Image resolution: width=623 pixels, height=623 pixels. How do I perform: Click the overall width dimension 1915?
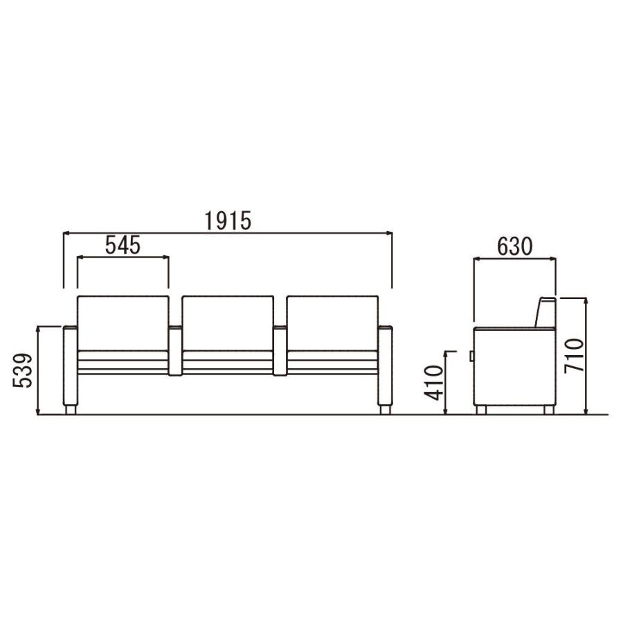coord(228,221)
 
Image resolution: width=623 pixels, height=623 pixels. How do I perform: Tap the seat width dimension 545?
coord(123,245)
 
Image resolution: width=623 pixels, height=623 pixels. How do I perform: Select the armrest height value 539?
coord(22,370)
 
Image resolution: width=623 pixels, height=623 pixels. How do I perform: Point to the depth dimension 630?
coord(514,246)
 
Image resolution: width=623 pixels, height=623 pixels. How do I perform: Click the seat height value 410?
coord(433,382)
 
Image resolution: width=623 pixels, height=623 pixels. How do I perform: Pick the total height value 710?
coord(575,356)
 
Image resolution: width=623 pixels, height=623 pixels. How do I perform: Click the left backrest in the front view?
coord(123,323)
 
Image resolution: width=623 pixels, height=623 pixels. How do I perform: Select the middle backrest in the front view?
coord(228,323)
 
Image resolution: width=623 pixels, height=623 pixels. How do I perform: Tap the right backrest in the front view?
coord(332,323)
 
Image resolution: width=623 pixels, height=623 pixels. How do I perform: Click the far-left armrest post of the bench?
coord(71,365)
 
